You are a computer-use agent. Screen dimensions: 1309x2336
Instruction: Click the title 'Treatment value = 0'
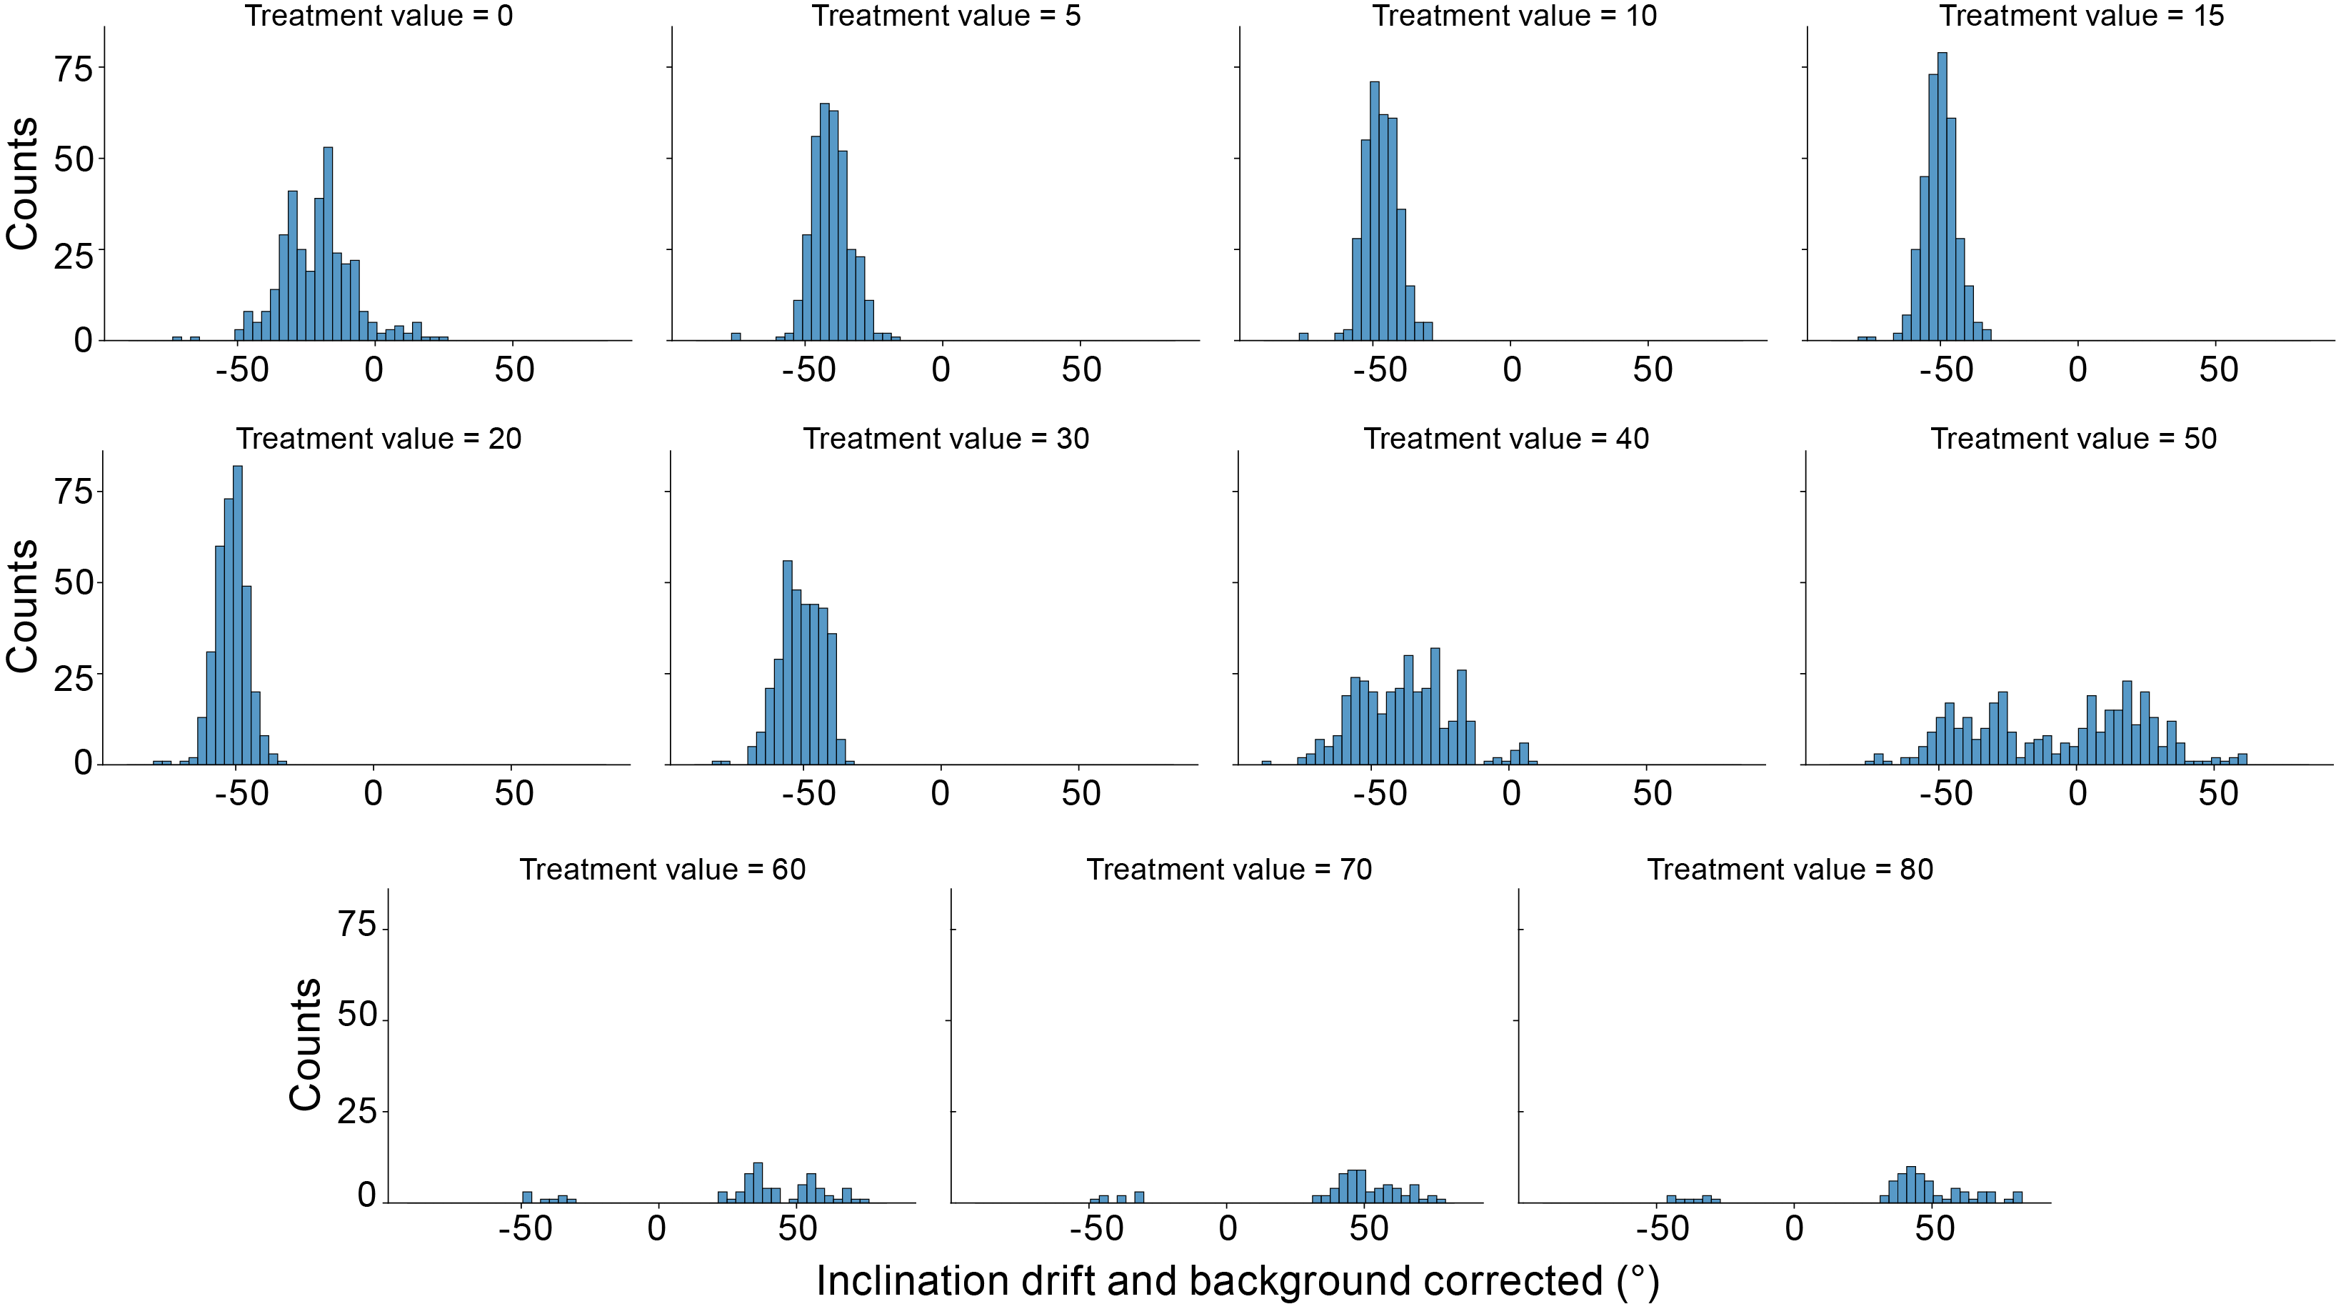point(379,16)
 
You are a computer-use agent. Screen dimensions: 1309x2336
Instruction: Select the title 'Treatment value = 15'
point(2081,16)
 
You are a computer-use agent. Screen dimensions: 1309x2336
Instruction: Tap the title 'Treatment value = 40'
point(1506,439)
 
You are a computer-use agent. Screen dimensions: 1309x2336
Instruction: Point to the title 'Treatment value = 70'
point(1229,870)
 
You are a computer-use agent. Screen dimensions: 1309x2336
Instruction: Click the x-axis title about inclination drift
point(1238,1281)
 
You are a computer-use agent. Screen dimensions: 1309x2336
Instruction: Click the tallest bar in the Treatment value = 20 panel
point(238,616)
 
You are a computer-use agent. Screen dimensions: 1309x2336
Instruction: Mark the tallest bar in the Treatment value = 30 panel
point(787,663)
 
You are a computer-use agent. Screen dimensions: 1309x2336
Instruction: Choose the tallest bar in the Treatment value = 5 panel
point(824,222)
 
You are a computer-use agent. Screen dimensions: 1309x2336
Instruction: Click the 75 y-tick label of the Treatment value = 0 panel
point(74,69)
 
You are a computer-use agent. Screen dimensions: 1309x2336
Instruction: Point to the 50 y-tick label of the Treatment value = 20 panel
point(74,583)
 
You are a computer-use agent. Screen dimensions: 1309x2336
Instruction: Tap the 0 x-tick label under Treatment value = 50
point(2077,794)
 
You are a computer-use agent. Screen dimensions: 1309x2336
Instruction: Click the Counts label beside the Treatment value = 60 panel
point(306,1044)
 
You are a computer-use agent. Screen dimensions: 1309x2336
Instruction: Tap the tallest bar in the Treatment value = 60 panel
point(758,1183)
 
